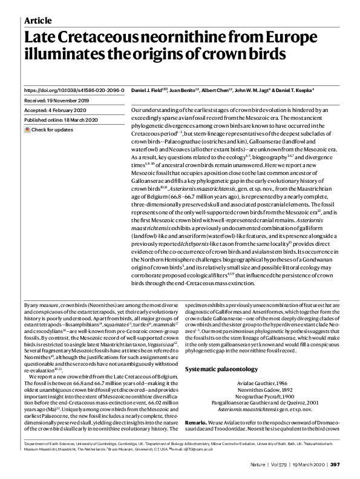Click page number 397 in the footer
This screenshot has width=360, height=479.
[336, 464]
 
